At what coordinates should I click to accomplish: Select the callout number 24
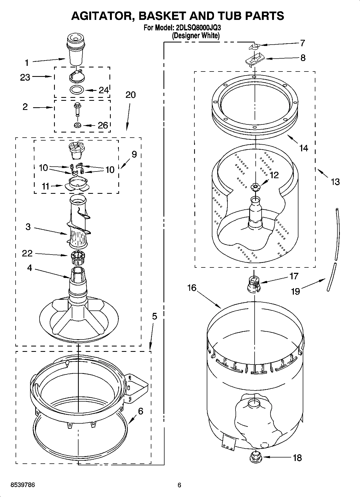(x=103, y=90)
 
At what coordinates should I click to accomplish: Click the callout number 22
(x=27, y=253)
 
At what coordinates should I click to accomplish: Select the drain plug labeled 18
(x=254, y=457)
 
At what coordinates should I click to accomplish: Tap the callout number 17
(x=294, y=276)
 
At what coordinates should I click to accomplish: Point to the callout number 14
(x=304, y=148)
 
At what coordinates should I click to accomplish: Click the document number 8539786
(x=23, y=485)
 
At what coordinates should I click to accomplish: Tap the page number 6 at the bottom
(x=179, y=485)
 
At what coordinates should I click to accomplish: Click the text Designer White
(x=196, y=35)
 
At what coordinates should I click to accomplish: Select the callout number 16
(x=192, y=288)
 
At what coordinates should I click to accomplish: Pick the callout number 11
(x=45, y=186)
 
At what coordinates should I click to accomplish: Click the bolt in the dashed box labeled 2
(x=77, y=109)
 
